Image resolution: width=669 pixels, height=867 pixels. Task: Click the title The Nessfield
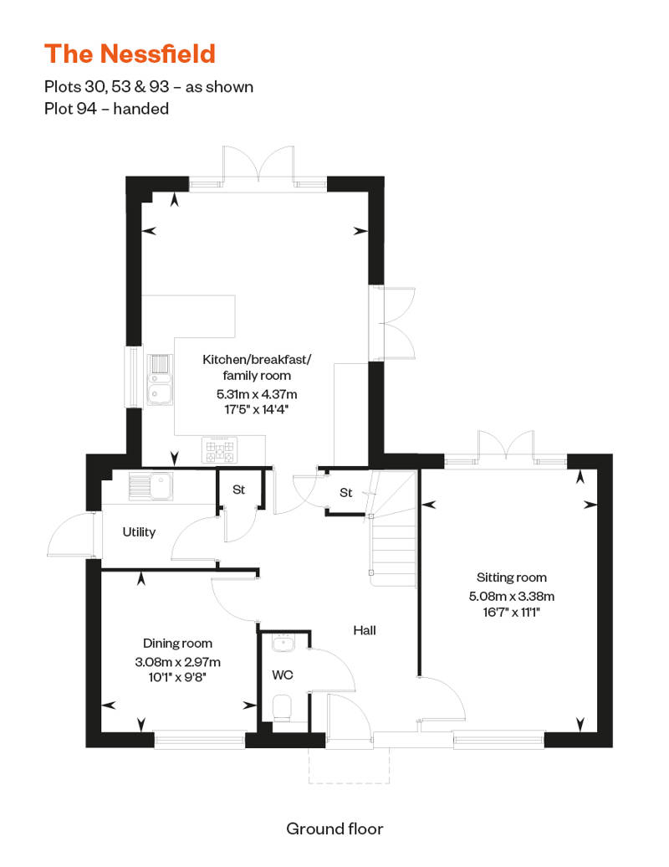click(130, 54)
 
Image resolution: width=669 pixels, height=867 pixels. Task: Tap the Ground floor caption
click(334, 829)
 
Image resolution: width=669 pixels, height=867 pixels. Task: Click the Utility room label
click(139, 532)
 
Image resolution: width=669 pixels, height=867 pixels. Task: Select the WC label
click(283, 675)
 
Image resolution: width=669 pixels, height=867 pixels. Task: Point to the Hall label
click(364, 630)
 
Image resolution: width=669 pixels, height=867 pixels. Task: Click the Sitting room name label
click(512, 577)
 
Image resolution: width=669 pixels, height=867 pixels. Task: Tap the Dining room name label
click(177, 643)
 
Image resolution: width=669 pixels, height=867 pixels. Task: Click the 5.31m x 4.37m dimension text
click(257, 394)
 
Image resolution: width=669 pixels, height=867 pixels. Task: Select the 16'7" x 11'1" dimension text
click(511, 612)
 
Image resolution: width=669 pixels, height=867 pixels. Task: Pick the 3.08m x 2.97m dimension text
click(177, 661)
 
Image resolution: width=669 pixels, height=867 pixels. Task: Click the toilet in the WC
click(283, 708)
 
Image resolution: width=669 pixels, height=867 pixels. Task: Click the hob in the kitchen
click(220, 449)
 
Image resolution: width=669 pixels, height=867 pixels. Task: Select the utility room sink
click(151, 486)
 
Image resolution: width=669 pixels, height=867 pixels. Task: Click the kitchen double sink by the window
click(160, 380)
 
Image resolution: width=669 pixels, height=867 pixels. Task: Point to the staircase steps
click(393, 550)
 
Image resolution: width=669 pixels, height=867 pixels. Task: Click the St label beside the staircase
click(346, 493)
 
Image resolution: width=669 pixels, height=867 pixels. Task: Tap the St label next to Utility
click(238, 490)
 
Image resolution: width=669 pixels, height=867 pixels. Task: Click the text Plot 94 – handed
click(106, 109)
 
